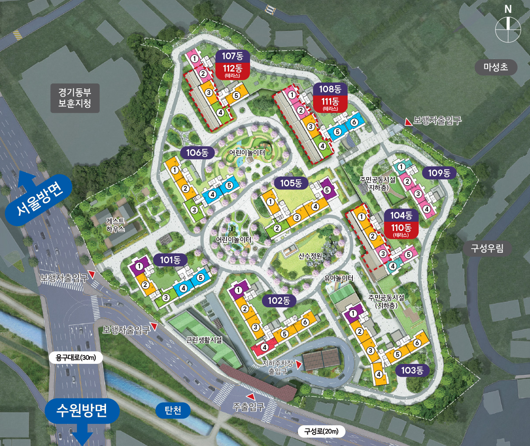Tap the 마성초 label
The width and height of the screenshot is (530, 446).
pos(496,67)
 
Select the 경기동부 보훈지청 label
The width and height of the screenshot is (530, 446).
pos(75,98)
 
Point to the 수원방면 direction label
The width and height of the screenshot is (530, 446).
pos(82,410)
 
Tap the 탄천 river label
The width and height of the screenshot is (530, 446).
pos(173,411)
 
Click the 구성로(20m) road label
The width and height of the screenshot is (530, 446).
pos(321,431)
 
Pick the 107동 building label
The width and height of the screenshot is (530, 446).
pos(232,56)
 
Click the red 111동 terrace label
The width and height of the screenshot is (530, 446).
pos(330,104)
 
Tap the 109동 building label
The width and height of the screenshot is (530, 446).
pos(439,173)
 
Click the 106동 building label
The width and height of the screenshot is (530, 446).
pos(197,153)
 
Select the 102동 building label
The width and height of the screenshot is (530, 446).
pos(279,301)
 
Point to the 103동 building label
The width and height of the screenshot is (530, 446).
pos(412,370)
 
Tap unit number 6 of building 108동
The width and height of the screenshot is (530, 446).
pos(353,122)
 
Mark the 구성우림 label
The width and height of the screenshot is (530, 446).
pos(487,248)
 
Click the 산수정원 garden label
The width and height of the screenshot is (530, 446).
pos(310,256)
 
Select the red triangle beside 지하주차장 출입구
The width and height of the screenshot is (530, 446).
pos(299,364)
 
